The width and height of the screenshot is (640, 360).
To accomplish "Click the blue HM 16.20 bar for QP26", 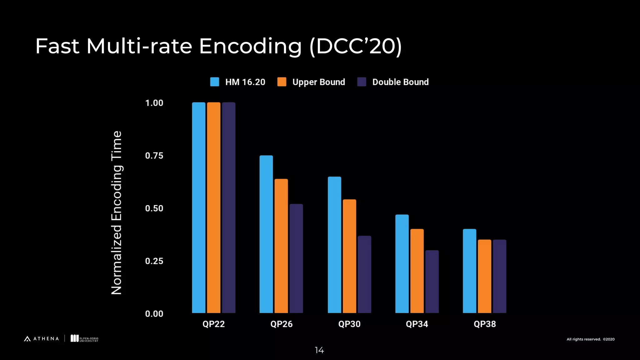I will [266, 234].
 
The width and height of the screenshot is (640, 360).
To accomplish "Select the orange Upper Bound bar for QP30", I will [349, 256].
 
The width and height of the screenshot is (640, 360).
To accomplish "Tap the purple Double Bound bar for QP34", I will [432, 281].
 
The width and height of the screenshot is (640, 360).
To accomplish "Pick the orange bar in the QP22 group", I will [213, 207].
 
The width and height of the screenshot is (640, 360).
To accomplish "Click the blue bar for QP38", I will [469, 271].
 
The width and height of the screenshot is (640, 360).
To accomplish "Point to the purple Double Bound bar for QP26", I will [296, 258].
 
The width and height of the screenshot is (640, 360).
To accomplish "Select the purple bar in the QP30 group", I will [364, 274].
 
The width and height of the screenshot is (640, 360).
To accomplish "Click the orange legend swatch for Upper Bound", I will [282, 82].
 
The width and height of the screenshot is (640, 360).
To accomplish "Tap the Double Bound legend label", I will [400, 82].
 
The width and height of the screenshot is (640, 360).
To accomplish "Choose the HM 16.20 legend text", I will [245, 82].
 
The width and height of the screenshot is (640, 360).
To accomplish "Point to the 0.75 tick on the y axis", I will [154, 156].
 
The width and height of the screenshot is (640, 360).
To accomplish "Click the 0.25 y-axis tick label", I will [154, 261].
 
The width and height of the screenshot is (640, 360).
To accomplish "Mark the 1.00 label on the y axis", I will [154, 103].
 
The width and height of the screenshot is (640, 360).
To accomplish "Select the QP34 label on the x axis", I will [417, 324].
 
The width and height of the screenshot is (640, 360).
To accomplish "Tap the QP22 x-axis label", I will [213, 324].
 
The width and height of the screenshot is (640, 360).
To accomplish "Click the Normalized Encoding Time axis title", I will [117, 212].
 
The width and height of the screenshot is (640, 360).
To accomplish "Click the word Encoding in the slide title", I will [250, 46].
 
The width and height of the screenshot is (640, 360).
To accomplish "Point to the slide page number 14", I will [319, 350].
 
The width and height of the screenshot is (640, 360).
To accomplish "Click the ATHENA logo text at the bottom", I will [46, 339].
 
